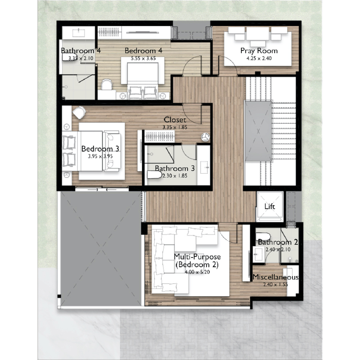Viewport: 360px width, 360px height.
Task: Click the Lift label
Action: click(270, 206)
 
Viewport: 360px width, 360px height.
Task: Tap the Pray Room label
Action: click(259, 51)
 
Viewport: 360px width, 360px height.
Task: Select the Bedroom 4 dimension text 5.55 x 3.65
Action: click(143, 59)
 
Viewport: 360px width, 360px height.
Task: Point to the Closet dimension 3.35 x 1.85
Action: click(175, 127)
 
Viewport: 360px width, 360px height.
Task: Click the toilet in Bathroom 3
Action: click(154, 175)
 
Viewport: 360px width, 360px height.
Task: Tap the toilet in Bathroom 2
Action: click(263, 237)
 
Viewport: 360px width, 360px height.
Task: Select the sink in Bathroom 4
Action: click(78, 33)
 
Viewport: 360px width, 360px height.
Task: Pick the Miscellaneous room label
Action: click(275, 277)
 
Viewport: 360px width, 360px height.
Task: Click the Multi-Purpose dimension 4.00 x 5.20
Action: click(197, 272)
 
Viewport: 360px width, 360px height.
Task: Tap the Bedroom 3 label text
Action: click(100, 149)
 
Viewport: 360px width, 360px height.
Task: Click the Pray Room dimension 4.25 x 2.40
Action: click(259, 59)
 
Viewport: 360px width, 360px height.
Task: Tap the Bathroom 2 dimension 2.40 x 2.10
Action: click(278, 249)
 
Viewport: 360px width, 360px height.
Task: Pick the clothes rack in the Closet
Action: click(159, 136)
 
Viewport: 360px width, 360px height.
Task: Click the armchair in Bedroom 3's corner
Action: click(79, 112)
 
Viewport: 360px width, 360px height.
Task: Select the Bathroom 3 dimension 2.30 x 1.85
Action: click(175, 176)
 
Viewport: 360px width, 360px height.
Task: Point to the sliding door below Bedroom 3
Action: click(102, 189)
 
